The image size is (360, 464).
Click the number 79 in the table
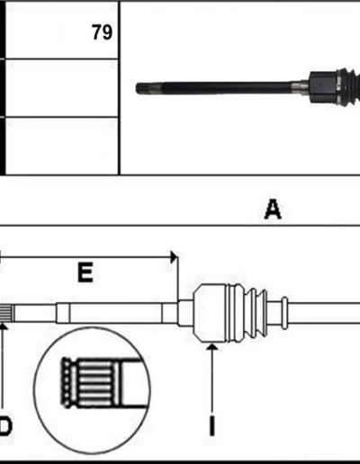(102, 32)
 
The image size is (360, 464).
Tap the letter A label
(273, 210)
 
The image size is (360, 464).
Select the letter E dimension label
(85, 272)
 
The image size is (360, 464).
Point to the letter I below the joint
(211, 425)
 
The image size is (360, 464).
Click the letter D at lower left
(5, 426)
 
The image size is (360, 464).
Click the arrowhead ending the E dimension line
(174, 257)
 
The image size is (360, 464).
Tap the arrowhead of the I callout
(212, 347)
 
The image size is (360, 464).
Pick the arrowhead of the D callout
(3, 326)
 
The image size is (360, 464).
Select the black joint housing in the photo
(323, 87)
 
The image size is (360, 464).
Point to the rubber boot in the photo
(348, 87)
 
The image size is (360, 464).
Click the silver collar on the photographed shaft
(300, 88)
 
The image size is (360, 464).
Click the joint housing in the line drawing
(210, 313)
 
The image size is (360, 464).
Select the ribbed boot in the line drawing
(247, 313)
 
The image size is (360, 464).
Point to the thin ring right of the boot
(284, 313)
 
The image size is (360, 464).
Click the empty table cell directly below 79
(62, 88)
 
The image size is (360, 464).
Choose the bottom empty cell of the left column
(62, 146)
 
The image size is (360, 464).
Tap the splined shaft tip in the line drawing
(6, 313)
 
